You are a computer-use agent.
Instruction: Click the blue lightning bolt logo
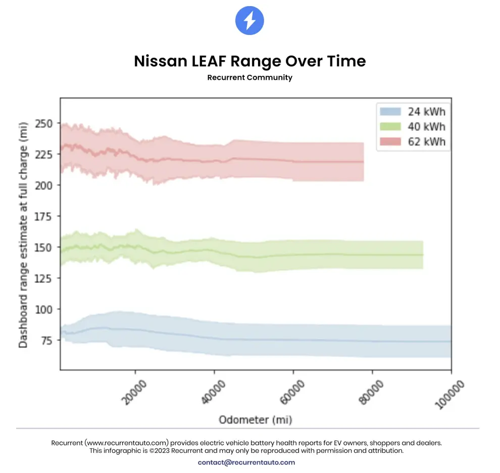[249, 21]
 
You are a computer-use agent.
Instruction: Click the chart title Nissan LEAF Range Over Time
[249, 61]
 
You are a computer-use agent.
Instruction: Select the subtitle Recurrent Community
[249, 77]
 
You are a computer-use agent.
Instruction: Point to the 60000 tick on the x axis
[293, 389]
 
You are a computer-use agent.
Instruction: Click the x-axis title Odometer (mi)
[255, 419]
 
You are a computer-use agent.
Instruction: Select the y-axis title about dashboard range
[23, 234]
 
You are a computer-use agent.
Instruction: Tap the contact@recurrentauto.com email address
[246, 462]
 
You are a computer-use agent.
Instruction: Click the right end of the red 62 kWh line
[363, 162]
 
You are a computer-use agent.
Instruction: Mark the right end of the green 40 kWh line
[422, 255]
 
